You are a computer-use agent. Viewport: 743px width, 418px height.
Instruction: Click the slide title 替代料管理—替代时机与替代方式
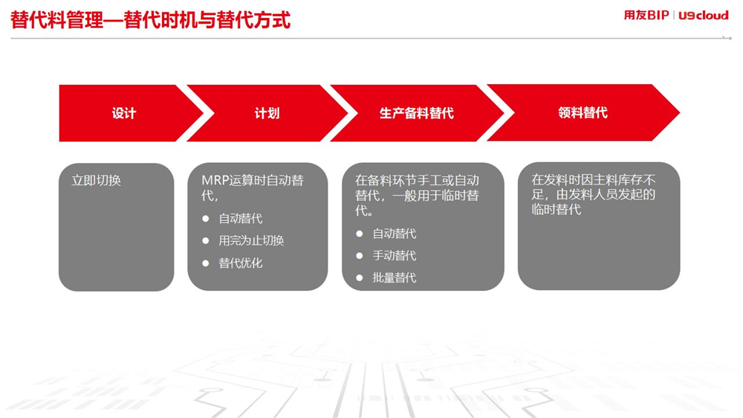[150, 20]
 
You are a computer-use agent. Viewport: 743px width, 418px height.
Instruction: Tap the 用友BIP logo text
[646, 15]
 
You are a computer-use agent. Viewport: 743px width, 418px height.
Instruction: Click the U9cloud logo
[703, 16]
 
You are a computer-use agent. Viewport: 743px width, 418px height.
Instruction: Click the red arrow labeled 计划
[267, 113]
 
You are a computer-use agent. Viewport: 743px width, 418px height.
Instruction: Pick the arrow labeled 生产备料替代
[417, 113]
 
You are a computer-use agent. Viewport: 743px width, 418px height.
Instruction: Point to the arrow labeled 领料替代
[583, 112]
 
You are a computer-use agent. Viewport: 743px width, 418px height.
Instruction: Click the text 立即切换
[96, 180]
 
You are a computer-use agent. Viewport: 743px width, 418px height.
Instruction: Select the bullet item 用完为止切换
[251, 240]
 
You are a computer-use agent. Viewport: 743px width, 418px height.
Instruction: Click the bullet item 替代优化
[240, 263]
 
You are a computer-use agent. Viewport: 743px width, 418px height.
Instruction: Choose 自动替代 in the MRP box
[240, 219]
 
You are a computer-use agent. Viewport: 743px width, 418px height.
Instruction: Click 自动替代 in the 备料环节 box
[395, 234]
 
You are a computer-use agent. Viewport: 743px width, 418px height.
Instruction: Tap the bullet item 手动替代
[395, 256]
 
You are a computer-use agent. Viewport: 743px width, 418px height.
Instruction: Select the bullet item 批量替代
[395, 277]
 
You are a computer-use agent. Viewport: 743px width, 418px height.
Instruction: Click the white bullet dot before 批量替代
[360, 278]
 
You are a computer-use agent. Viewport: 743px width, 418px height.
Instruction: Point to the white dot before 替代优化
[206, 263]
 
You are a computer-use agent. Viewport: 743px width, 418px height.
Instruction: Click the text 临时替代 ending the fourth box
[557, 209]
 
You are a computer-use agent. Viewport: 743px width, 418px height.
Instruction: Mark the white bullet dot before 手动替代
[360, 256]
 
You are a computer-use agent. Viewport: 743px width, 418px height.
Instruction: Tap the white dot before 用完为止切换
[206, 241]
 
